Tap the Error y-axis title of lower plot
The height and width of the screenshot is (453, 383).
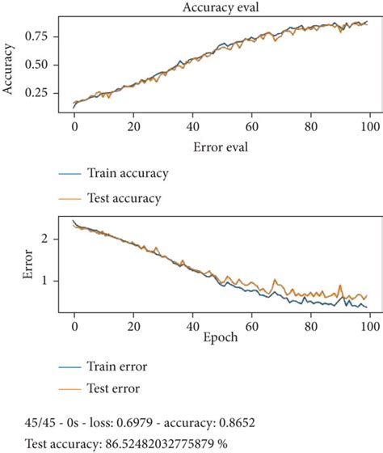(x=9, y=265)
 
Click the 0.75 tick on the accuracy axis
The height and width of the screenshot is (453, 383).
(x=48, y=36)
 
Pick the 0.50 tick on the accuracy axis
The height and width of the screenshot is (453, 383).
(x=48, y=64)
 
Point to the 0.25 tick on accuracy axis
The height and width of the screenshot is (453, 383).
(x=48, y=93)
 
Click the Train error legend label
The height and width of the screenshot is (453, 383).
(x=120, y=366)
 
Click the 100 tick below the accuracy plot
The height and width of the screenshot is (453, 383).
(x=370, y=126)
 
